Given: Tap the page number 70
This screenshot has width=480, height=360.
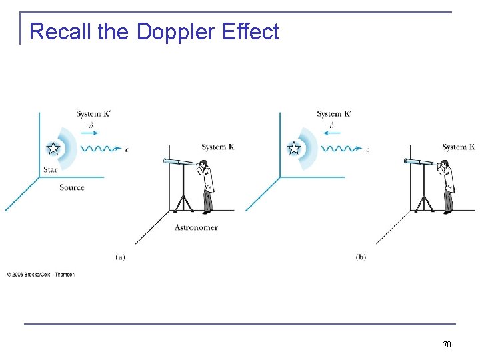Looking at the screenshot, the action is [447, 344].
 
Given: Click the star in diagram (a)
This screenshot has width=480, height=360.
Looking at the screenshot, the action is [53, 149].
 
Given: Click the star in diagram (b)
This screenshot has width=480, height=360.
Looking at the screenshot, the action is [293, 149].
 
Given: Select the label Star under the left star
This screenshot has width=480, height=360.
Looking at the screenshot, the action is [51, 170].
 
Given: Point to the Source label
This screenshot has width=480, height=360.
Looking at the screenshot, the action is [71, 187].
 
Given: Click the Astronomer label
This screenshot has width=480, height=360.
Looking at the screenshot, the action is [196, 227].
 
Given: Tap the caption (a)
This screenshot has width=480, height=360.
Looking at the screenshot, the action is [121, 257].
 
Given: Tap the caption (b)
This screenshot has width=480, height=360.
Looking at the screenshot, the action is [361, 257].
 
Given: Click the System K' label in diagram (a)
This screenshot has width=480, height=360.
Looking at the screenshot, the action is [93, 114].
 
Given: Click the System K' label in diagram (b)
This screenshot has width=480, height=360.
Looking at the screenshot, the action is [333, 114].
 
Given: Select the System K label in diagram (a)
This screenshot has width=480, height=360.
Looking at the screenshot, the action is [218, 147].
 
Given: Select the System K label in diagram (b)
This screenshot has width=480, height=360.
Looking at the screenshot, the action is [458, 147].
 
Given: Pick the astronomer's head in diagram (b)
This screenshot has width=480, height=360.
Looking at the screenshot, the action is [445, 165].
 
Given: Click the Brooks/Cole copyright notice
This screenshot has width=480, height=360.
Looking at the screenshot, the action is [41, 274].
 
